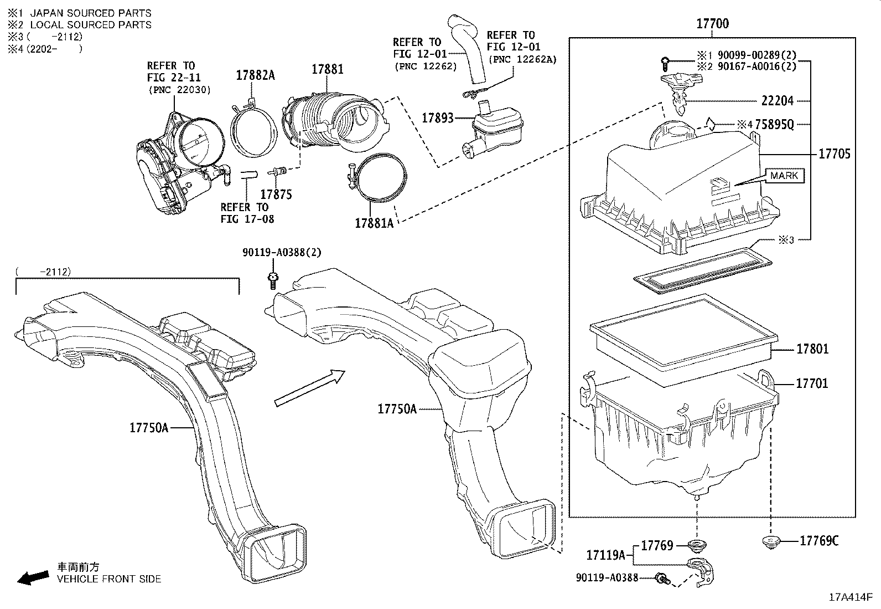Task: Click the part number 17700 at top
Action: [712, 24]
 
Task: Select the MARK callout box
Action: [784, 176]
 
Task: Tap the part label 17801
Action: [812, 349]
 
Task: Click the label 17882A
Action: [255, 75]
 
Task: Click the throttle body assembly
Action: [177, 161]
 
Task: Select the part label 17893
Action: [437, 118]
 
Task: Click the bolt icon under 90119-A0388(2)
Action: [272, 279]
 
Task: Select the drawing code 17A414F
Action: [850, 597]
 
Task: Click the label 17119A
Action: [605, 554]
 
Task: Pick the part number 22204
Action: [777, 101]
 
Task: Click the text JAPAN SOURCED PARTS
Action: [90, 13]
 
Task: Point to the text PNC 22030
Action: [179, 90]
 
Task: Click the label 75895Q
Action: [773, 125]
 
